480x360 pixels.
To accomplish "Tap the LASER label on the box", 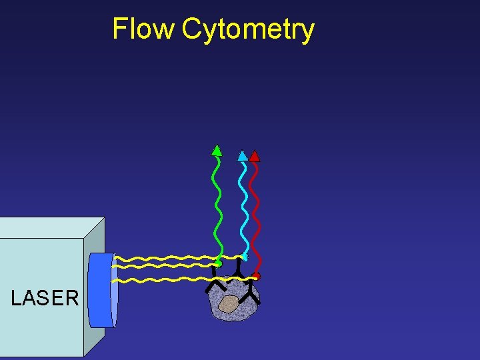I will click(45, 298).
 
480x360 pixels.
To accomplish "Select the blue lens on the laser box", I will click(102, 290).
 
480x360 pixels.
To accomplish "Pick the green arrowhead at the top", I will click(217, 151).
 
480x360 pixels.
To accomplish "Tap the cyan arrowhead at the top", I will click(243, 157).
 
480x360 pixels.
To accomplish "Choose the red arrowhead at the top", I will click(255, 157).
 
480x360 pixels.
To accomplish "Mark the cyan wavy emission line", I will click(244, 207).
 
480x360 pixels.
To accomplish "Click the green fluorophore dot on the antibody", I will click(217, 263).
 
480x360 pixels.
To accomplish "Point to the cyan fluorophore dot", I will click(245, 257).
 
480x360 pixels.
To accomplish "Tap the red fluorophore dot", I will click(257, 276).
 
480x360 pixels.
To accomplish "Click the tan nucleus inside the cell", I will click(228, 304).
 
